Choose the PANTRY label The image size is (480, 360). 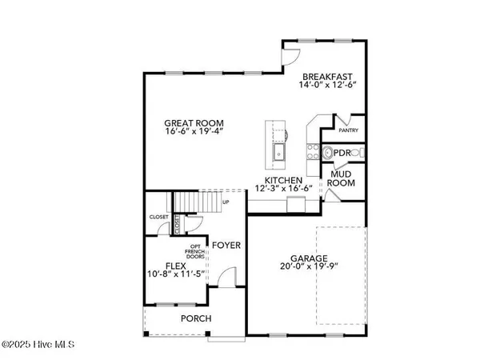349,130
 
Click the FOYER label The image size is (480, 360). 226,237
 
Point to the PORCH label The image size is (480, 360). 196,319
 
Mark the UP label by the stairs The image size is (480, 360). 238,202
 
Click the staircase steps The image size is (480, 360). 194,202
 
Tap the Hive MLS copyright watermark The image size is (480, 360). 38,346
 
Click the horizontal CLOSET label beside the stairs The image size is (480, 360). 158,217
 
